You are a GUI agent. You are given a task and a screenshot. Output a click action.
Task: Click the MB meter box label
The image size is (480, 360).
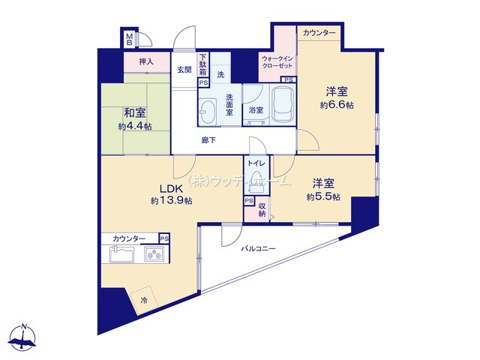coord(129,37)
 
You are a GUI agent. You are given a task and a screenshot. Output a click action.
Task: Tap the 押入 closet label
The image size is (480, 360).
coord(146,62)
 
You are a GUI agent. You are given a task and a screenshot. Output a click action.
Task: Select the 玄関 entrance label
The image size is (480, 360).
coord(184,69)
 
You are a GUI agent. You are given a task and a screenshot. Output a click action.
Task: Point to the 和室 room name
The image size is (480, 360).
coord(135,113)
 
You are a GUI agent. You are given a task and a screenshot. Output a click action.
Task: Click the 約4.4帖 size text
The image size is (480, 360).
coord(135,126)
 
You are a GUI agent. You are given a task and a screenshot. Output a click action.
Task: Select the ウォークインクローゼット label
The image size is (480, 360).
coord(279,62)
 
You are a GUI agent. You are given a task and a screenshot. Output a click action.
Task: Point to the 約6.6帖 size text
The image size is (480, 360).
coord(336,105)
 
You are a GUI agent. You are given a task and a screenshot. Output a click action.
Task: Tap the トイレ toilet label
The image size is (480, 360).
coord(255,162)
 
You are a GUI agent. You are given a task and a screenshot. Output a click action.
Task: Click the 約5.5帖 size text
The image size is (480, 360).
coord(323,196)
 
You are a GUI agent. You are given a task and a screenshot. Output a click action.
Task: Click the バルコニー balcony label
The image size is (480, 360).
coord(258,247)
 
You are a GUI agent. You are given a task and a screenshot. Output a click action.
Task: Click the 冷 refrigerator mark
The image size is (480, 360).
coord(144,301)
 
